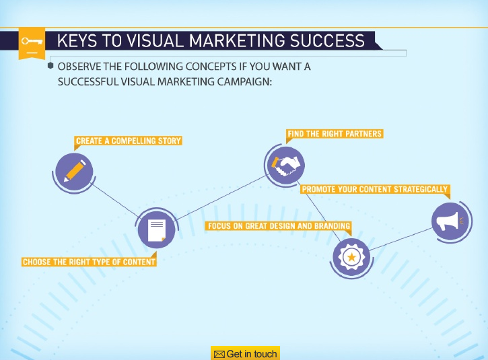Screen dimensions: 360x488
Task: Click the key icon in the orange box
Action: pos(32,41)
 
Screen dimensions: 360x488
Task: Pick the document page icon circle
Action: pos(156,229)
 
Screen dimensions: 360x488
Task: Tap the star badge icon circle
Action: pos(351,257)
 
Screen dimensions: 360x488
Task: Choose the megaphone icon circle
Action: pos(450,220)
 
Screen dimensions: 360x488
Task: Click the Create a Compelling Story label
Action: pos(129,141)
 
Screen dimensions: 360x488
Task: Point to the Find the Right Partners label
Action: pos(335,134)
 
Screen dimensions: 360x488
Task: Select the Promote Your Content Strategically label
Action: pos(374,190)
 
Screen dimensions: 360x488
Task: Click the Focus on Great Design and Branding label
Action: pos(279,226)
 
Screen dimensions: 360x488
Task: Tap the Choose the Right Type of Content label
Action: pos(89,262)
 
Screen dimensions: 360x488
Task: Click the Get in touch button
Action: pos(245,354)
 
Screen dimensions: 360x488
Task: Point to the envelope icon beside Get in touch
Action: pos(219,354)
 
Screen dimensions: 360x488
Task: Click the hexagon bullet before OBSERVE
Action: pos(50,67)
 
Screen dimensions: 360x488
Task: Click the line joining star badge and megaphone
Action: pos(400,239)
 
